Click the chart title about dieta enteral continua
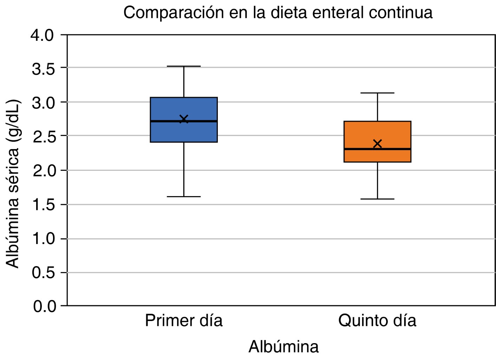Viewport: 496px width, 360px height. pos(278,13)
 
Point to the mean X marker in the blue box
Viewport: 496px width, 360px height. pos(184,119)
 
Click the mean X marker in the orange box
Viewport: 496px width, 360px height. pos(377,143)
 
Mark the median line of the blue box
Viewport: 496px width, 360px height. pos(165,121)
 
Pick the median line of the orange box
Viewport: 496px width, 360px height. pos(358,149)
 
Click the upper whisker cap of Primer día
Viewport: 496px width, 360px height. pos(183,66)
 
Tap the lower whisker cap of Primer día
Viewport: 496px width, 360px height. pos(183,197)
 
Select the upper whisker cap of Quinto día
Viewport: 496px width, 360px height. pos(377,93)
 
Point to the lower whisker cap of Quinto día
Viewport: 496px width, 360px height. pos(377,199)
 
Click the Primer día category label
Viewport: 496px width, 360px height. pos(183,321)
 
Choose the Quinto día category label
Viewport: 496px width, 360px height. pos(377,321)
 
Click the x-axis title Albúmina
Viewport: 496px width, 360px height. pos(283,347)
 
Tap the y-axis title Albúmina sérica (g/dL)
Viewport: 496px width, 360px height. pos(13,184)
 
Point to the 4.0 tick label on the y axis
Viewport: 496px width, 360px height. pos(43,36)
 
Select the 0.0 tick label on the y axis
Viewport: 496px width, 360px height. pos(44,306)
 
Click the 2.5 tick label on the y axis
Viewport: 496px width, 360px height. pos(44,137)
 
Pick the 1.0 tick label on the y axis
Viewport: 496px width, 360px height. pos(44,239)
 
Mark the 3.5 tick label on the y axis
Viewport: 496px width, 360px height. pos(44,69)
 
